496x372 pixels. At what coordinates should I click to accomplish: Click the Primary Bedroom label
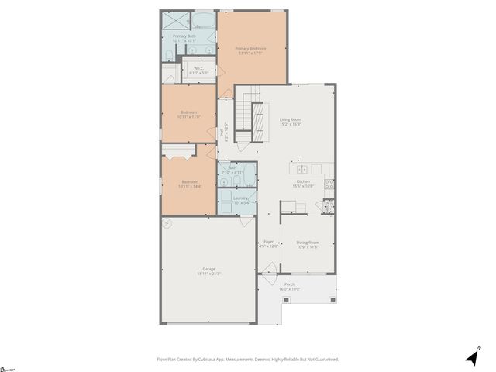click(x=251, y=50)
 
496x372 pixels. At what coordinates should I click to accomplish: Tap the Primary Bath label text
click(x=184, y=38)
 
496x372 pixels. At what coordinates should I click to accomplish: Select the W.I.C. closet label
click(x=198, y=70)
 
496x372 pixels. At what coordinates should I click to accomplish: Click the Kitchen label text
click(x=302, y=183)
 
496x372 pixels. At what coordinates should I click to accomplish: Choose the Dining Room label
click(x=308, y=245)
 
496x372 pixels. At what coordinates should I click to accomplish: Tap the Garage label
click(x=209, y=271)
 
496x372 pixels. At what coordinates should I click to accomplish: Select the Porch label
click(x=289, y=286)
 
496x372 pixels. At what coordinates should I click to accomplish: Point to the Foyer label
click(x=268, y=244)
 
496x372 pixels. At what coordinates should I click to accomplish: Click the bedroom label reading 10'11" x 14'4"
click(x=188, y=184)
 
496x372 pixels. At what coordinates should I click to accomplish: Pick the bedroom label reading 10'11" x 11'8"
click(x=188, y=114)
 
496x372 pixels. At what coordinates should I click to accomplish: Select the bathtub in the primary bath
click(x=205, y=21)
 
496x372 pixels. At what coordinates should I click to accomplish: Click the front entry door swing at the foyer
click(x=268, y=270)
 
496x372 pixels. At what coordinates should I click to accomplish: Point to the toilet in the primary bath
click(x=170, y=53)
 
